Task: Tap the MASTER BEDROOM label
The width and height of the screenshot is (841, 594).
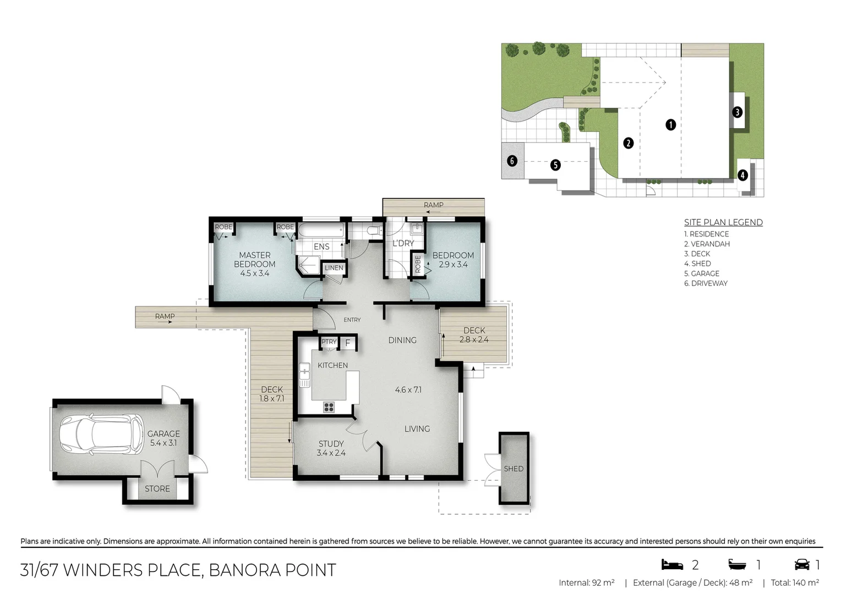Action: (254, 260)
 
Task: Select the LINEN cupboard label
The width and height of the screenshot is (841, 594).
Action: (334, 268)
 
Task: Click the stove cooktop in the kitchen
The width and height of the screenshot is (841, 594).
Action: (329, 407)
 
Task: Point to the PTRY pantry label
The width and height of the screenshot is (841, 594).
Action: (329, 342)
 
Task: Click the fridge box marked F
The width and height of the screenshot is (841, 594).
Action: (347, 343)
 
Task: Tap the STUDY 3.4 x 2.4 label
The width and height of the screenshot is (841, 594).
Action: (331, 448)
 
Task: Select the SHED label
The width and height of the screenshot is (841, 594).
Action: (514, 469)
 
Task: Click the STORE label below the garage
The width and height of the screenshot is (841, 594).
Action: (157, 488)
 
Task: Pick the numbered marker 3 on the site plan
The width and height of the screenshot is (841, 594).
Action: (737, 112)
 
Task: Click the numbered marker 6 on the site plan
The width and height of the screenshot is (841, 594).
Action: (512, 161)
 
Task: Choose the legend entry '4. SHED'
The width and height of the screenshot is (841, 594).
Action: (697, 263)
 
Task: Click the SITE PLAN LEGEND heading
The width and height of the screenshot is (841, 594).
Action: (723, 222)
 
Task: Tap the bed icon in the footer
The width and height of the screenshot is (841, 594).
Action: (672, 564)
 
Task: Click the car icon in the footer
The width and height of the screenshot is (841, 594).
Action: (802, 564)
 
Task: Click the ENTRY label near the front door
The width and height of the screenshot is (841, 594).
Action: (352, 320)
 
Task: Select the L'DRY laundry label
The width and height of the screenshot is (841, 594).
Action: (403, 243)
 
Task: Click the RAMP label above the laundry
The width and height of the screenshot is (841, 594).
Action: (433, 205)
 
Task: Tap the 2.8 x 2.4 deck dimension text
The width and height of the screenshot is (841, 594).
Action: (474, 340)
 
